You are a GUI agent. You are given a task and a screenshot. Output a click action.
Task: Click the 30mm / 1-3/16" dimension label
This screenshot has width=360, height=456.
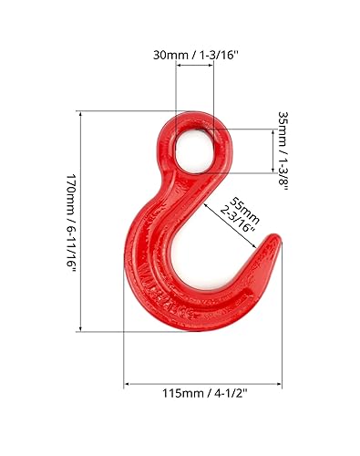click(195, 55)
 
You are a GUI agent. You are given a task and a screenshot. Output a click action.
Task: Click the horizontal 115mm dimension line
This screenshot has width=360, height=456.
click(202, 385)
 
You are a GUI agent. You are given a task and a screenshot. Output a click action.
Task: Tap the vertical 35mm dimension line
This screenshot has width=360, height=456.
click(273, 150)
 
